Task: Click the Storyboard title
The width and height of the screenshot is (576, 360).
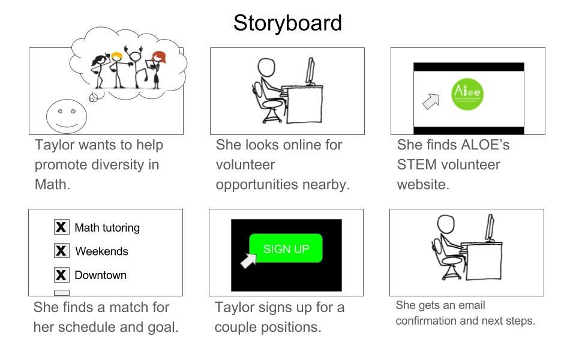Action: [x=287, y=23]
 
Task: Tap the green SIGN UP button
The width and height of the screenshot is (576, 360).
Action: [x=286, y=248]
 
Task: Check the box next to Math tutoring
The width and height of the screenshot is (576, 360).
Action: [x=61, y=227]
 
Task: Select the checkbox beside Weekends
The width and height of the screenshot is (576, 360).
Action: [x=61, y=251]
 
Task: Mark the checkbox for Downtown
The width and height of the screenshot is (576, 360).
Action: [x=61, y=275]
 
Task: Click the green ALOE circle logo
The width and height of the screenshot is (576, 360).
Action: [x=467, y=94]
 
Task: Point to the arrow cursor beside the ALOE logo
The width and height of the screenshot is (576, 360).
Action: [x=431, y=101]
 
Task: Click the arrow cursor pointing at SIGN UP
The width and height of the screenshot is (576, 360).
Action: [x=248, y=261]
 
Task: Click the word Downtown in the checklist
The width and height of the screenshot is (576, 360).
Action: [x=100, y=275]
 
